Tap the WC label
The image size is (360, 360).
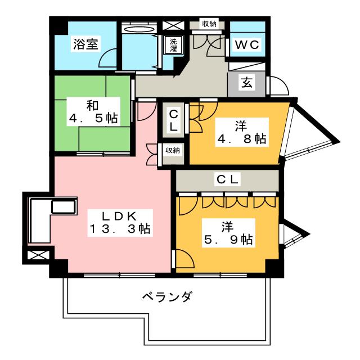coord(246,45)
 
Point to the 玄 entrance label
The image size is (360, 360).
coord(247,83)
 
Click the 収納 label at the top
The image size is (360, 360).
coord(209,24)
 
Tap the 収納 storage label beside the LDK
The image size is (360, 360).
coord(173,150)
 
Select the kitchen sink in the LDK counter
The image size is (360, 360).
coord(63,206)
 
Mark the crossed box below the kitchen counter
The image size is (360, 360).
coord(38,256)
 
